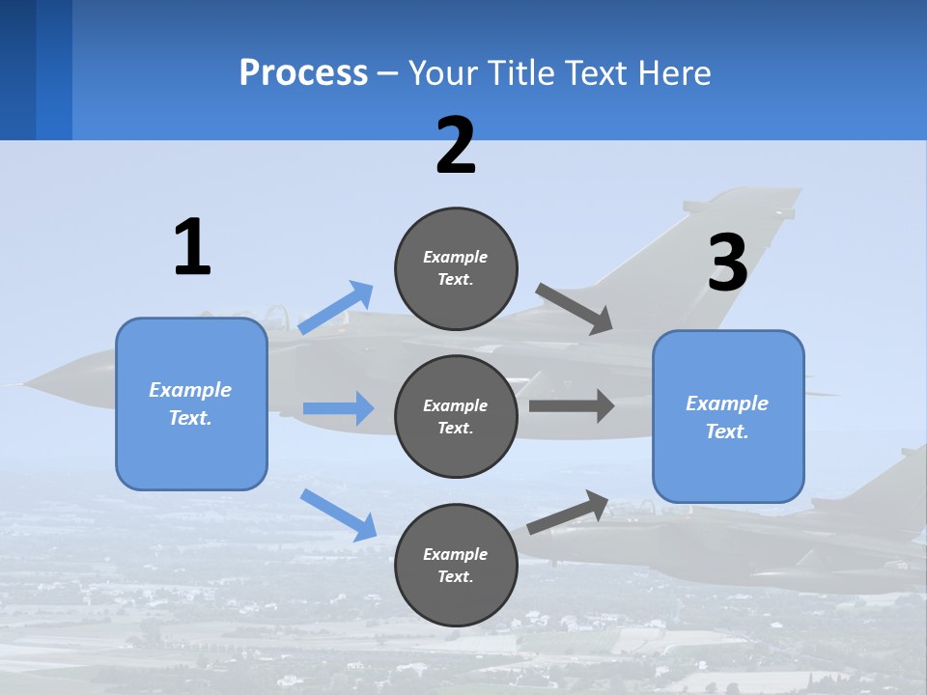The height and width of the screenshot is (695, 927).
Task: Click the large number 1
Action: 192,247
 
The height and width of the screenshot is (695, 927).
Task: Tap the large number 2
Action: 456,146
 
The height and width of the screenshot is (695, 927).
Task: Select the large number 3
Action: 728,263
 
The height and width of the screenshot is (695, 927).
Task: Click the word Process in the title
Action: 303,72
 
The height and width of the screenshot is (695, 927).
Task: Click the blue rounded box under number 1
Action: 191,403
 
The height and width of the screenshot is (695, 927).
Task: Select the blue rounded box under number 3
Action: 728,417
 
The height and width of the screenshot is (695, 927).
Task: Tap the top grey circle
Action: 456,268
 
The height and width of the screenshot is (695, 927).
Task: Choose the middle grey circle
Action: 456,416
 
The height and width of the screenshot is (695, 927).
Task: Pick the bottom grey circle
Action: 456,565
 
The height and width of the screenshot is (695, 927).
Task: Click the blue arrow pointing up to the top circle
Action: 336,308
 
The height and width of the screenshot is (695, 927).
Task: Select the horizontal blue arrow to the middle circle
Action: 338,408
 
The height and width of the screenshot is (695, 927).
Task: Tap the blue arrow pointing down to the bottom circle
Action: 338,514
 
